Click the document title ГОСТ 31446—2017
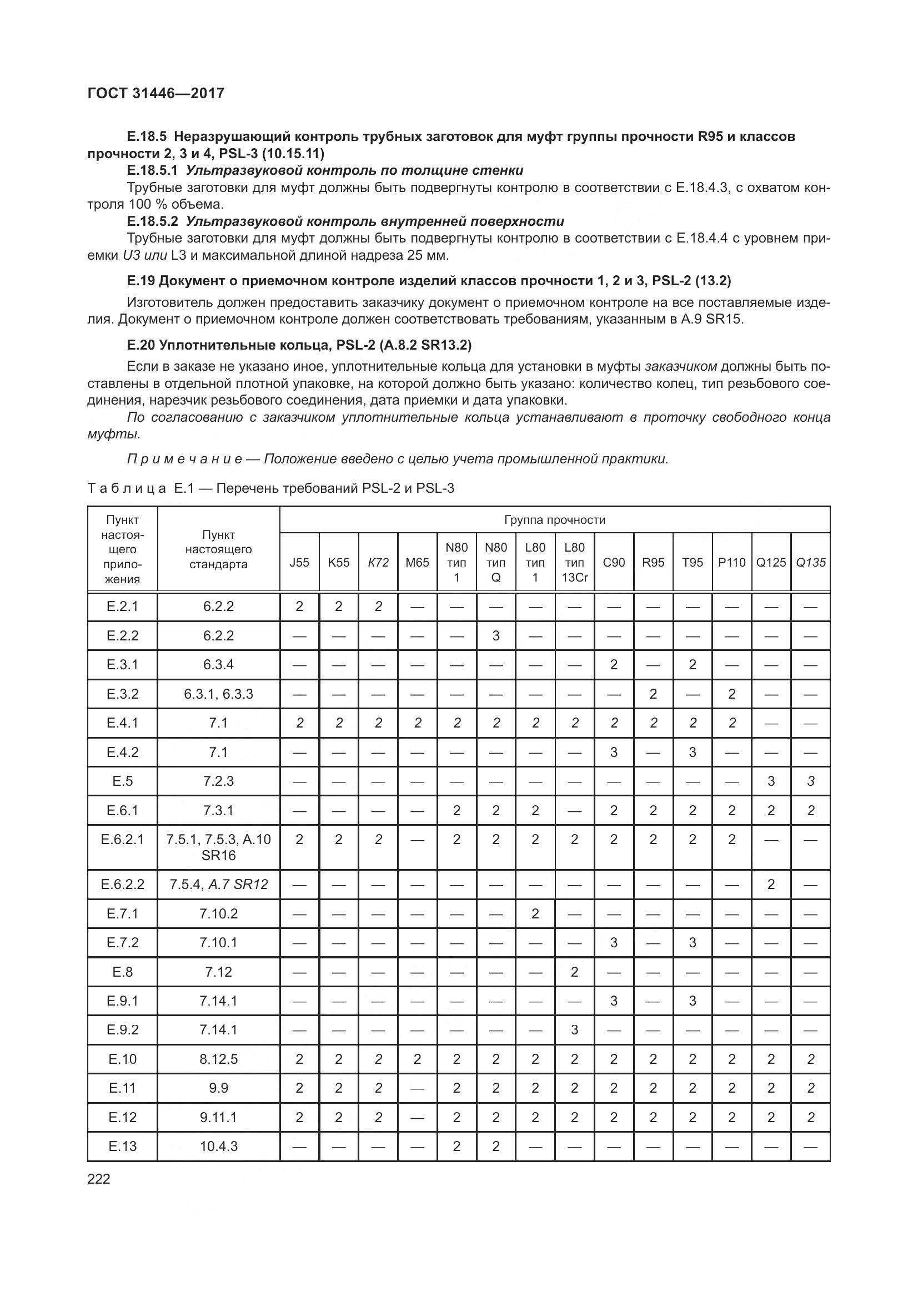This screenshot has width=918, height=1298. [x=156, y=93]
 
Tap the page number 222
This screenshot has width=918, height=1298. [x=99, y=1179]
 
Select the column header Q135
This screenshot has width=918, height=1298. [x=810, y=563]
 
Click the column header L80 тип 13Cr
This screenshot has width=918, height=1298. [x=574, y=563]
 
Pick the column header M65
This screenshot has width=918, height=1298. [x=418, y=563]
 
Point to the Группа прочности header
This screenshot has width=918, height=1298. [x=554, y=519]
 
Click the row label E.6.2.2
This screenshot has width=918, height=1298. [x=123, y=884]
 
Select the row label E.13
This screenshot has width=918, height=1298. [x=123, y=1146]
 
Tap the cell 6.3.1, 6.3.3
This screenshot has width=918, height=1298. [x=218, y=694]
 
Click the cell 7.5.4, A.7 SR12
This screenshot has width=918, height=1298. [x=218, y=884]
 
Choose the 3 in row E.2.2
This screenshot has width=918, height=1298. [x=496, y=635]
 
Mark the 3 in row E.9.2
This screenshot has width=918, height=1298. [x=574, y=1029]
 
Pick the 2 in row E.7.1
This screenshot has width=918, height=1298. [x=535, y=913]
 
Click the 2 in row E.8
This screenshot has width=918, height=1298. [x=574, y=972]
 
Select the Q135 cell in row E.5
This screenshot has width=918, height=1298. [x=810, y=781]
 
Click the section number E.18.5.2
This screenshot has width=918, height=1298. [x=152, y=221]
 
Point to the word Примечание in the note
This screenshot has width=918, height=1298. [x=185, y=459]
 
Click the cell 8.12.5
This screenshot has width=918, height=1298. [x=218, y=1059]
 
